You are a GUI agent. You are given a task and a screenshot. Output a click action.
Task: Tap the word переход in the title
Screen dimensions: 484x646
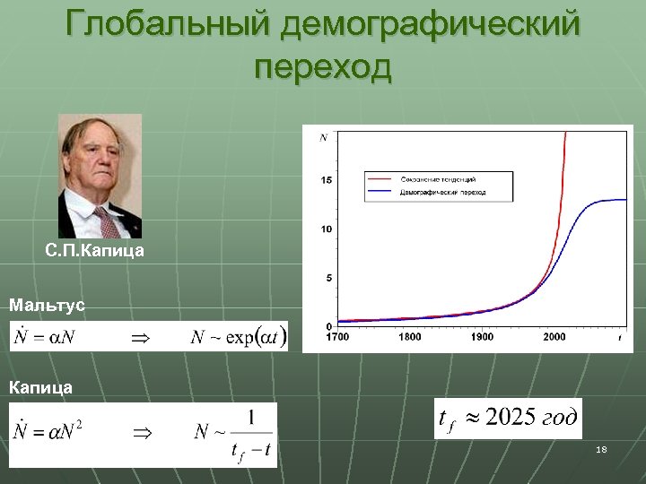(323, 67)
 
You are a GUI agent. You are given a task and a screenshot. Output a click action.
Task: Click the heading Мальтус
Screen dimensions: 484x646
(47, 306)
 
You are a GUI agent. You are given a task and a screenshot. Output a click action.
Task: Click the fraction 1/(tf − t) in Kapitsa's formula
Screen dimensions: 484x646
(251, 434)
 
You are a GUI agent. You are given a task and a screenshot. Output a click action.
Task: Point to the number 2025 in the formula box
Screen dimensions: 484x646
(511, 418)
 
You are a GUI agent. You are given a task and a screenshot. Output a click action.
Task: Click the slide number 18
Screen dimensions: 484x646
(601, 449)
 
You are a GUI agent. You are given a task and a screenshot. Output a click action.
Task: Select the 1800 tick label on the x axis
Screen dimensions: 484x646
(409, 337)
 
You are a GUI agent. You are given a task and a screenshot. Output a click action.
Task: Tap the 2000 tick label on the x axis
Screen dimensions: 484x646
(554, 337)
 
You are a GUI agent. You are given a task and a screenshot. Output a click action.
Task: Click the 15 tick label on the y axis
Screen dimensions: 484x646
(327, 181)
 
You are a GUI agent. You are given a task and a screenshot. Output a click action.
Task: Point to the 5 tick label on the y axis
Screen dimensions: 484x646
(328, 278)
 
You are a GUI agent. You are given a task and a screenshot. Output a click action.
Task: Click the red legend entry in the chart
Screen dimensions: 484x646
(437, 179)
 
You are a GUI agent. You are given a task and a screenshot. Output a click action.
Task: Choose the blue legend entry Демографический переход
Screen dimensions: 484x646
(441, 192)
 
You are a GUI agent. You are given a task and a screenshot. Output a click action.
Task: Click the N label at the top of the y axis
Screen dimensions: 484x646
(323, 137)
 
